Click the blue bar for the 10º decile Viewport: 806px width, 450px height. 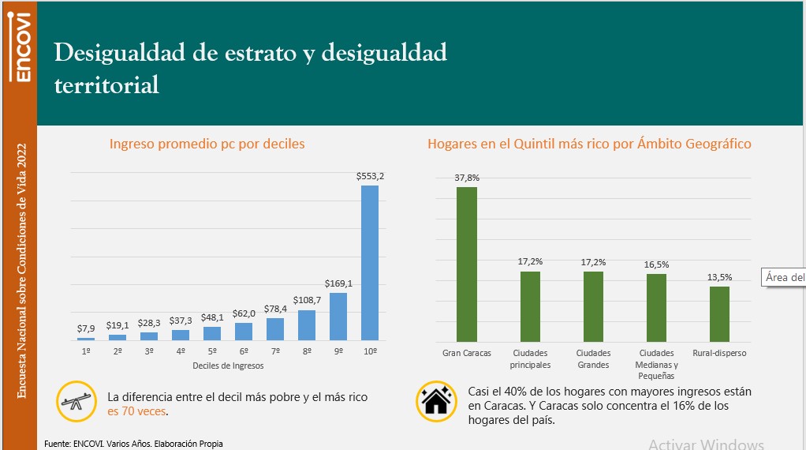[x=370, y=262]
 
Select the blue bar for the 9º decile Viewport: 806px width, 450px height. [x=338, y=317]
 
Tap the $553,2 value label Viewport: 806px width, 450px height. [x=370, y=176]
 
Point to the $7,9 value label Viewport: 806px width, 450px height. [x=86, y=328]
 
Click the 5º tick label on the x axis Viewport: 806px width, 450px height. [x=212, y=351]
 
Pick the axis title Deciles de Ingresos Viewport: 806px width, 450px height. [x=228, y=366]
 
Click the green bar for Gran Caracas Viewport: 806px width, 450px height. [x=467, y=264]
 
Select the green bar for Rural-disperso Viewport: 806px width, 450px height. [x=719, y=313]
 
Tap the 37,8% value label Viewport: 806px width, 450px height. [x=467, y=178]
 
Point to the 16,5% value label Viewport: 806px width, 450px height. [x=656, y=265]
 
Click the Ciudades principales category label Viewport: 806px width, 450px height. [x=531, y=358]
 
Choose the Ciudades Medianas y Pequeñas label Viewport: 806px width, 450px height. [x=656, y=364]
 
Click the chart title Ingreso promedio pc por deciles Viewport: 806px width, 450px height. [x=207, y=144]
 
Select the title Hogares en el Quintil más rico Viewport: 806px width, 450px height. [x=589, y=144]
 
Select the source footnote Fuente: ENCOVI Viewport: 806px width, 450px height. [x=133, y=444]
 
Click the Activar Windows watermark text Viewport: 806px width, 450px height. [x=706, y=444]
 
